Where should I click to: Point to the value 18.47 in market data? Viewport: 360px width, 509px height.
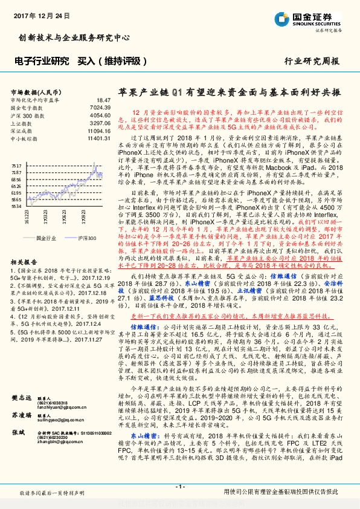click(103, 99)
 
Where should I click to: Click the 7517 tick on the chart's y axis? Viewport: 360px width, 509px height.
click(16, 165)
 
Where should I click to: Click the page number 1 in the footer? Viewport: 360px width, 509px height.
click(179, 487)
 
